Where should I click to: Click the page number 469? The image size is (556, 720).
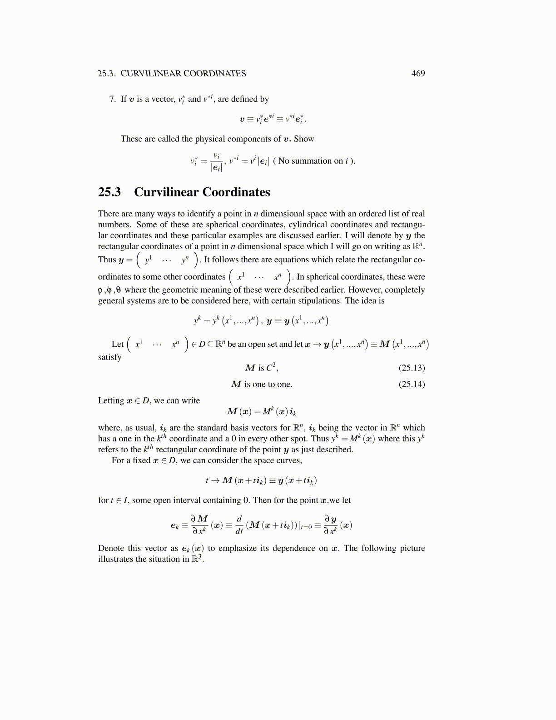(x=418, y=74)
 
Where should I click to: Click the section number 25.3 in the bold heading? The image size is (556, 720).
(x=109, y=192)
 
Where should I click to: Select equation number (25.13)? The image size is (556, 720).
(x=412, y=368)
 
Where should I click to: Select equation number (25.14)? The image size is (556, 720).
(x=412, y=384)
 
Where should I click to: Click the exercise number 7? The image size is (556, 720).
(x=113, y=99)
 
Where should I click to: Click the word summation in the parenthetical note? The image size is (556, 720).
(x=312, y=161)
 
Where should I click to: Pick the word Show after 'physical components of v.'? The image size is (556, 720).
(x=304, y=139)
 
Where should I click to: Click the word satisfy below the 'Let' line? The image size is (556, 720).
(x=110, y=357)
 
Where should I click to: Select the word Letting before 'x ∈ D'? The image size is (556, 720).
(x=111, y=400)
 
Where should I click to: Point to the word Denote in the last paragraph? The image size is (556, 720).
(x=111, y=548)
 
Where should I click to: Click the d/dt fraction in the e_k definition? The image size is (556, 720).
(x=239, y=525)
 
